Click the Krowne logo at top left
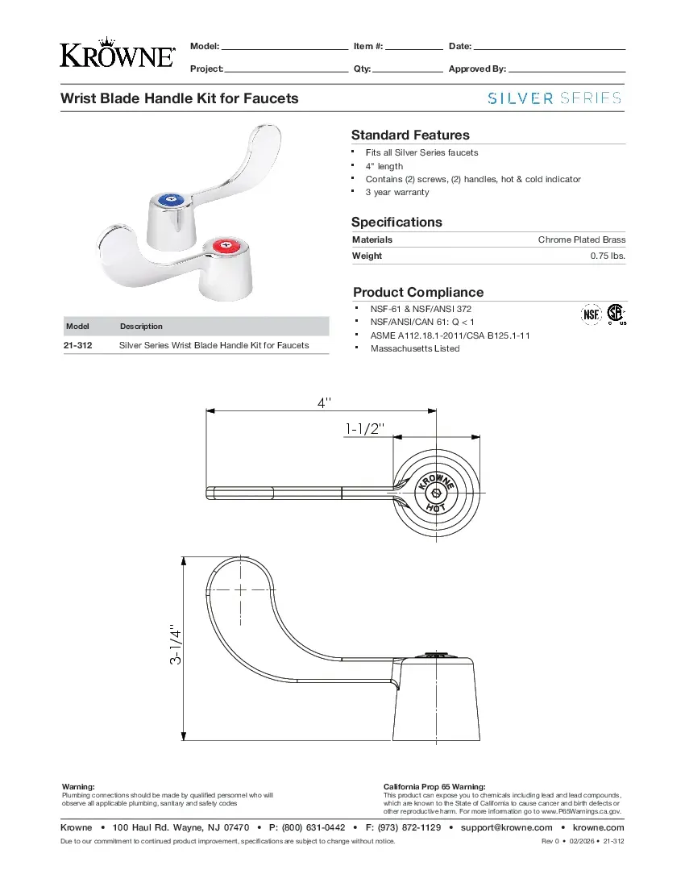(x=117, y=52)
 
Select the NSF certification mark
(x=592, y=314)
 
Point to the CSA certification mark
(x=616, y=314)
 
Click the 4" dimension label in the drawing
(x=322, y=401)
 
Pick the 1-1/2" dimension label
(x=366, y=429)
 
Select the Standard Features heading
(x=410, y=135)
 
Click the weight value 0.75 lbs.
(x=608, y=256)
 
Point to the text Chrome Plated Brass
(x=581, y=239)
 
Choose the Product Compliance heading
(x=418, y=293)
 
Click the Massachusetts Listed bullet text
(x=415, y=348)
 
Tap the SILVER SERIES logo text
(x=555, y=98)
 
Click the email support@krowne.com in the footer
(x=506, y=827)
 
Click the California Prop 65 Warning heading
(x=434, y=786)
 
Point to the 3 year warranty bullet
(x=397, y=192)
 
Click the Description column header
(x=141, y=327)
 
